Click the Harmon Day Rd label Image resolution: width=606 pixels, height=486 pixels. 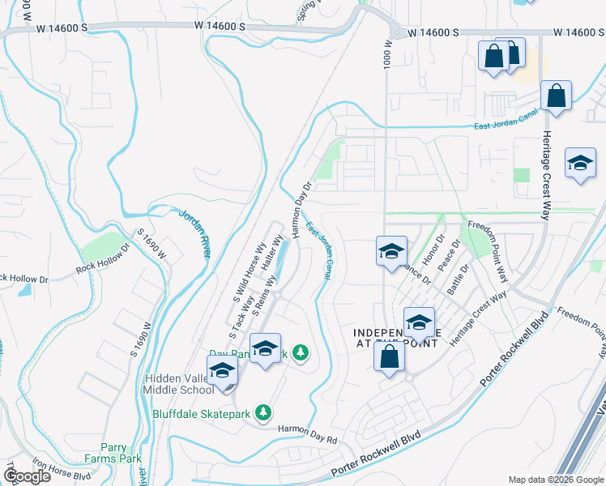coord(308,434)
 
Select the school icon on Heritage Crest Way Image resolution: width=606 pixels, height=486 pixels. coord(579,164)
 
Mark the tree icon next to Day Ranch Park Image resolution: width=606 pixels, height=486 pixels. coord(301,352)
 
